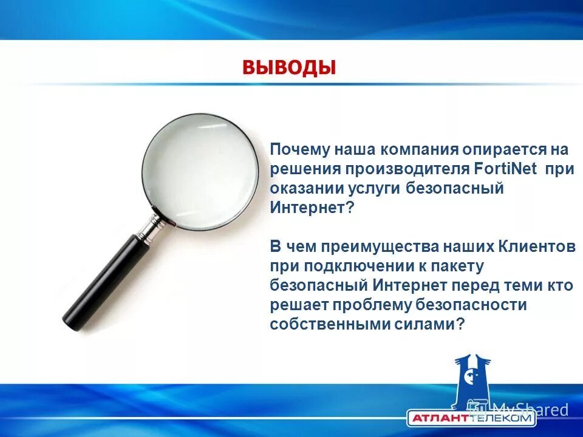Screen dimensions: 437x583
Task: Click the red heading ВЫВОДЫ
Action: tap(288, 66)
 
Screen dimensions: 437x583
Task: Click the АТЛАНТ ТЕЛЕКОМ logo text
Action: tap(471, 418)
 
